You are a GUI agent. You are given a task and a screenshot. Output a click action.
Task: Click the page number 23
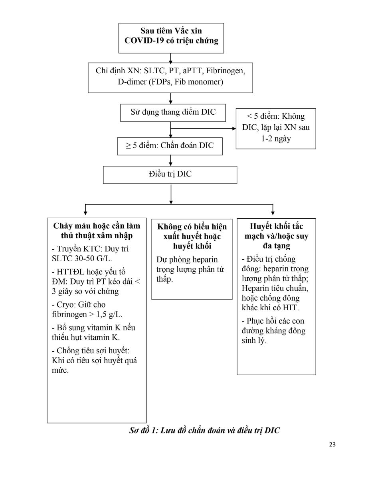[332, 445]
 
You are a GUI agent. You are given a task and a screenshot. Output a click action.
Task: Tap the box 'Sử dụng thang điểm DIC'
[173, 113]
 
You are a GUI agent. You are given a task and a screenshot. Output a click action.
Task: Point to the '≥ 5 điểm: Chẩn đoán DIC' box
[170, 146]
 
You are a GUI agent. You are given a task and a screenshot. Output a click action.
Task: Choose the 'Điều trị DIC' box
[170, 175]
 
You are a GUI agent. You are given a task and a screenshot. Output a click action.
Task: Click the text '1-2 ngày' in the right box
[276, 139]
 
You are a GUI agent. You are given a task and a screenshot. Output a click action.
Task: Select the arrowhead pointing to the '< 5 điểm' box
[234, 129]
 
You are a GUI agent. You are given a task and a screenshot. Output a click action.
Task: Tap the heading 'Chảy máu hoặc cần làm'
[97, 226]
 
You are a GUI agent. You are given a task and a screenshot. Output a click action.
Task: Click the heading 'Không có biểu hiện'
[192, 227]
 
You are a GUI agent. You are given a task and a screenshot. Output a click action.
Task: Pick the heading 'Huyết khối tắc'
[276, 226]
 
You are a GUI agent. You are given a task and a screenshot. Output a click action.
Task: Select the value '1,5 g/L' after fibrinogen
[109, 314]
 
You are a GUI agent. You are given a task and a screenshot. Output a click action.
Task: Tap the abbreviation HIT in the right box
[291, 308]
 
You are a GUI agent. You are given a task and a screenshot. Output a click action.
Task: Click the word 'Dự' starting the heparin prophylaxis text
[162, 260]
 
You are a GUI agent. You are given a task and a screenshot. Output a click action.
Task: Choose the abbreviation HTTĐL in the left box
[71, 272]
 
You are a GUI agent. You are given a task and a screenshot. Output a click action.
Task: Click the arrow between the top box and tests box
[170, 58]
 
